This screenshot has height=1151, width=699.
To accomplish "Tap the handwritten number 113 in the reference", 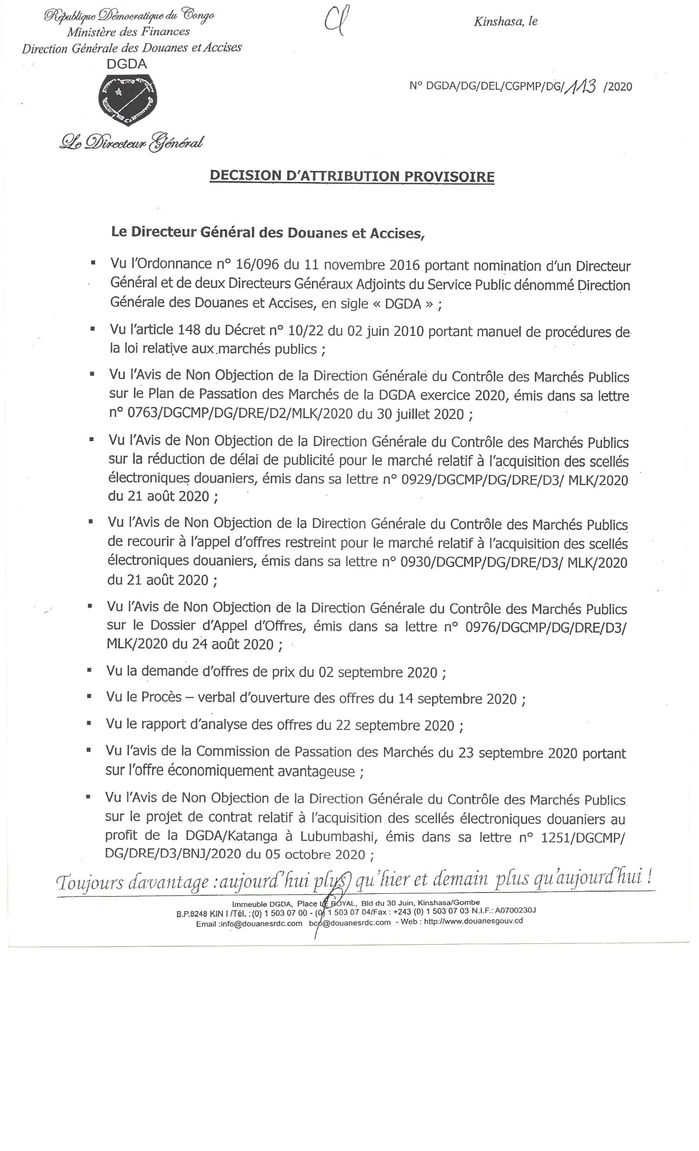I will pyautogui.click(x=581, y=85).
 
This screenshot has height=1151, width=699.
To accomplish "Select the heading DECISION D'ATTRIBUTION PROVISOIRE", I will pyautogui.click(x=352, y=176).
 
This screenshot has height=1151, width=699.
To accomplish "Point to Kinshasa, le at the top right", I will pyautogui.click(x=506, y=21).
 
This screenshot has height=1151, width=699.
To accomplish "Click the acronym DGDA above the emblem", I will pyautogui.click(x=127, y=64).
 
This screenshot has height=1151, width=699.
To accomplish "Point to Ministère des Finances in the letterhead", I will pyautogui.click(x=129, y=32).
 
